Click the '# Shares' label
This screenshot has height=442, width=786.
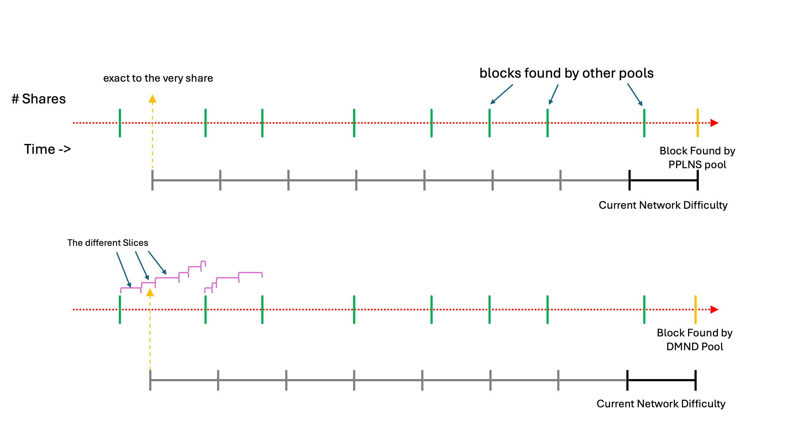tap(39, 99)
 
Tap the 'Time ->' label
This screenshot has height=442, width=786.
tap(47, 149)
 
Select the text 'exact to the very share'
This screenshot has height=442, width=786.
tap(158, 78)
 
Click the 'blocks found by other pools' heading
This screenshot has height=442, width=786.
tap(566, 73)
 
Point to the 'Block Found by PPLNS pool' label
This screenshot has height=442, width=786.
tap(697, 157)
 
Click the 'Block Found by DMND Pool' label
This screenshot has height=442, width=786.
tap(695, 339)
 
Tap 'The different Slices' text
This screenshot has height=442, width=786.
tap(108, 243)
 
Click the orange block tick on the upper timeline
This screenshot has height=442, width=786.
tap(698, 123)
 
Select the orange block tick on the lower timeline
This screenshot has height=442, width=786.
tap(695, 309)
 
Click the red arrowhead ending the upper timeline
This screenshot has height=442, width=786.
tap(714, 123)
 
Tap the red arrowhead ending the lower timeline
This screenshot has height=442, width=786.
tap(714, 309)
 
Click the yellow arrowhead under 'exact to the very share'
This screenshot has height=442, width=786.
tap(152, 99)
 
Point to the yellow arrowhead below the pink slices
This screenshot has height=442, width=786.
tap(150, 293)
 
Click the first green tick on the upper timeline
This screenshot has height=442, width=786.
tap(120, 123)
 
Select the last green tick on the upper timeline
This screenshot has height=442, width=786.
tap(644, 123)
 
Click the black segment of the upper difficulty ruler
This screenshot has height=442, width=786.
tap(663, 180)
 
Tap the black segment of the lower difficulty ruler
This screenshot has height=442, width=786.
tap(661, 380)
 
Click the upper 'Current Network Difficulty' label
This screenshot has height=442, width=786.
tap(663, 205)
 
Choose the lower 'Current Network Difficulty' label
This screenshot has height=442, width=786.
tap(661, 404)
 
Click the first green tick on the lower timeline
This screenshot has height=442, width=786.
tap(120, 309)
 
